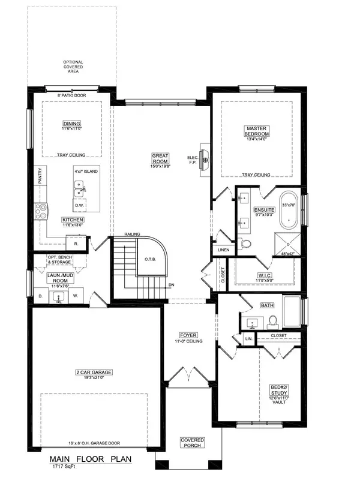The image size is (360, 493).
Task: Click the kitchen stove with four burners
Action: pyautogui.click(x=41, y=209)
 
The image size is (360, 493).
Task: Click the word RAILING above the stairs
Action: pyautogui.click(x=132, y=234)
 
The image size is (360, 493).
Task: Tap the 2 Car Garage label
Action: pyautogui.click(x=95, y=375)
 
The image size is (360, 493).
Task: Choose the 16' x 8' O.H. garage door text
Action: pyautogui.click(x=95, y=444)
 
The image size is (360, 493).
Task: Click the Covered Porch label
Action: pyautogui.click(x=193, y=443)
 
